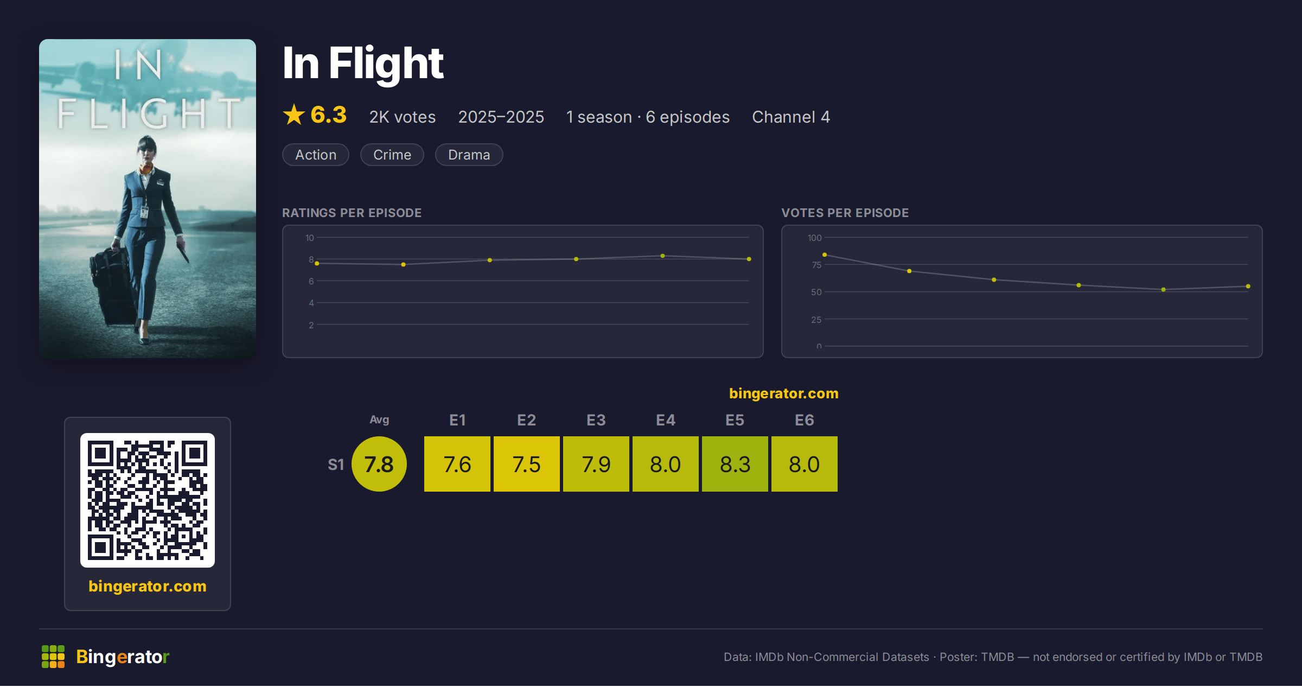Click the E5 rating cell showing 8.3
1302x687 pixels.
(735, 464)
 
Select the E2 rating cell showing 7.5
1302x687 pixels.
(527, 464)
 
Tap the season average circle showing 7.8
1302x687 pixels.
(379, 464)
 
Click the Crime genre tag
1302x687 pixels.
(392, 155)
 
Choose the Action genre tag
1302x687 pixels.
(316, 155)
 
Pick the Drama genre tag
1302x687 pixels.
(469, 155)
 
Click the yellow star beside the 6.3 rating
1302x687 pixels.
(294, 114)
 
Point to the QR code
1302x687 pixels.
(148, 500)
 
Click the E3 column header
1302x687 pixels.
(596, 420)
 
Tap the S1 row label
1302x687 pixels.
(336, 465)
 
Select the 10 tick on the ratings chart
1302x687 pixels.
(310, 238)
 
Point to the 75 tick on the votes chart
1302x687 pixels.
(816, 265)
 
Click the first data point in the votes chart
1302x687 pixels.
(825, 255)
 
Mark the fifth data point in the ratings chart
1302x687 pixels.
(662, 256)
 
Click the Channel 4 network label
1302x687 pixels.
(791, 117)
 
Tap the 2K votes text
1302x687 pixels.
(403, 117)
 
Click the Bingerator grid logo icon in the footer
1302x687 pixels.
(53, 657)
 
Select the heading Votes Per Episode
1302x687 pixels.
(845, 213)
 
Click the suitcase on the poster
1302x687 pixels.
(111, 285)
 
